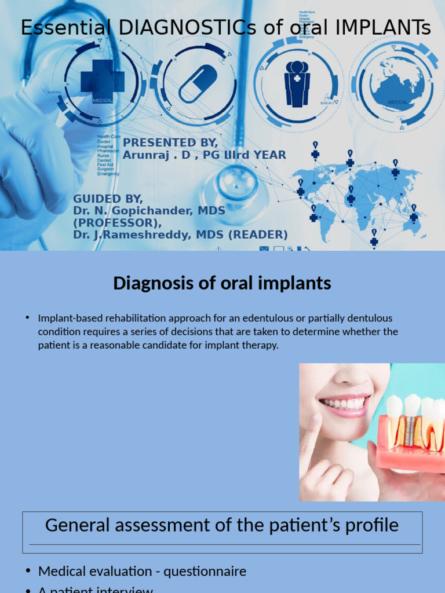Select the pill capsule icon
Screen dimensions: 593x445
coord(198,83)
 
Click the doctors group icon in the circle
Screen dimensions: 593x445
coord(297,83)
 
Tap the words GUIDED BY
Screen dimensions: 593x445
coord(107,199)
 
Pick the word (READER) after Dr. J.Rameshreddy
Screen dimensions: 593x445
coord(260,235)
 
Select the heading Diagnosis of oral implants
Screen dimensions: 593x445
coord(222,283)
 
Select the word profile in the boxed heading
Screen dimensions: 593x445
coord(371,525)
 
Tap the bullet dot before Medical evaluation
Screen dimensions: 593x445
coord(28,571)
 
